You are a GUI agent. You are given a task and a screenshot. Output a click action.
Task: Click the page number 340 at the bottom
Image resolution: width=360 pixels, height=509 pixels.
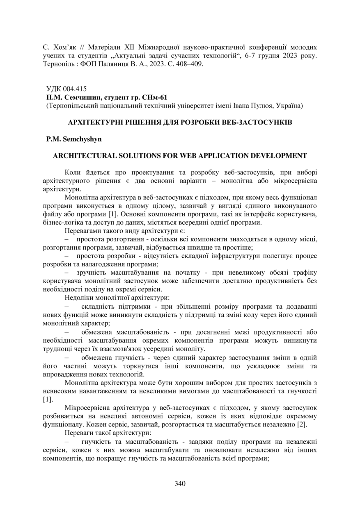click(x=180, y=483)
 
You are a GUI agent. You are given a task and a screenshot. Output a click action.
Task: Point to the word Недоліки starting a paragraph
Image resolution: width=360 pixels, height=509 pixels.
click(x=78, y=297)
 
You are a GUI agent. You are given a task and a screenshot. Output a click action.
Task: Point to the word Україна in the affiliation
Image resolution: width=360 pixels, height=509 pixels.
click(x=289, y=106)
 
